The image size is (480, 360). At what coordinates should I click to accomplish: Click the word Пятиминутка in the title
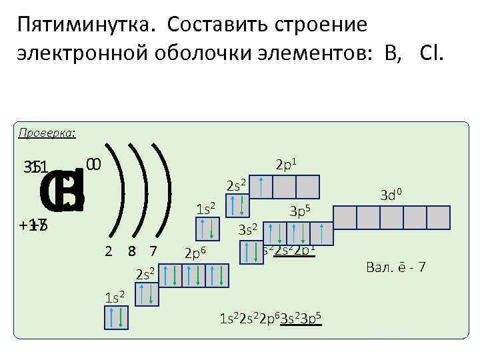pyautogui.click(x=87, y=25)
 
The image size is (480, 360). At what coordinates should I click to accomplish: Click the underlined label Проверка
pyautogui.click(x=47, y=133)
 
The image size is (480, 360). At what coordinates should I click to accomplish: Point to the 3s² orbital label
pyautogui.click(x=247, y=230)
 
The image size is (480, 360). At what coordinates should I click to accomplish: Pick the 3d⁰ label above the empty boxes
pyautogui.click(x=391, y=195)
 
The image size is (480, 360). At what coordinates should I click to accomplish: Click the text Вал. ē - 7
pyautogui.click(x=396, y=267)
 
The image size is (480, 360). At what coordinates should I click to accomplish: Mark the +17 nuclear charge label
pyautogui.click(x=33, y=225)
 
